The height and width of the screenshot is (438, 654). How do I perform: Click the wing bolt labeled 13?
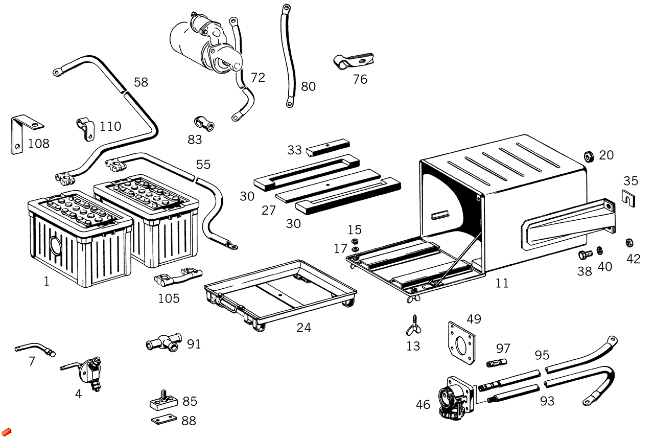(x=413, y=323)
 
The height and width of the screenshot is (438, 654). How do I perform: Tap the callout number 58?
(x=141, y=82)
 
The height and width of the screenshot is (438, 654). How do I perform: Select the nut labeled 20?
(x=588, y=155)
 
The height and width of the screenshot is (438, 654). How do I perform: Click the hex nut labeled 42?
(x=630, y=242)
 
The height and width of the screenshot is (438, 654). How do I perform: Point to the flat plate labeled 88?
(x=163, y=420)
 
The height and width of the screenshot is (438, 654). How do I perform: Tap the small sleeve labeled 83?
(x=203, y=123)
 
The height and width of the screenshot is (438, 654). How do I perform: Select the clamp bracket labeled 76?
(x=353, y=62)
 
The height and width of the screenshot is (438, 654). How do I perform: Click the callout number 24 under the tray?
(x=303, y=328)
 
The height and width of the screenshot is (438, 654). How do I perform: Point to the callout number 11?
(x=502, y=283)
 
